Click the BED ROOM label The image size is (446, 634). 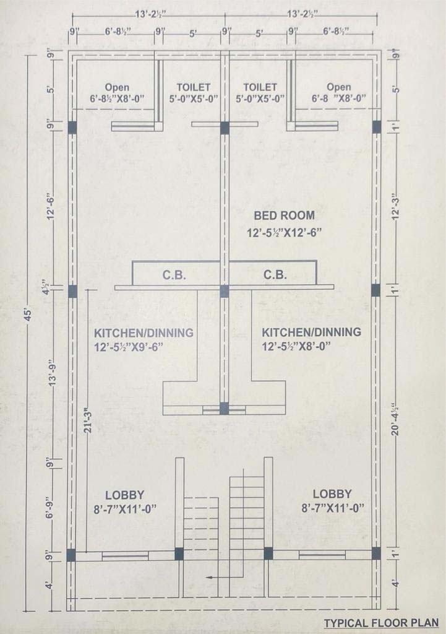284,215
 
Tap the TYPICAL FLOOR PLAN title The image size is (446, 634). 382,623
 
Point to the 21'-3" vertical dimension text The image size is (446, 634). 88,421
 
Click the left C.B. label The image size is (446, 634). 174,275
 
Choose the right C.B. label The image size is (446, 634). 275,274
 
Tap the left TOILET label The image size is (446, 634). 194,87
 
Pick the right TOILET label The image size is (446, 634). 260,87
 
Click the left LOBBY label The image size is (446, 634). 125,495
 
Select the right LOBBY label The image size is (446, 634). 332,493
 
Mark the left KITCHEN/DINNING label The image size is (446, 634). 144,332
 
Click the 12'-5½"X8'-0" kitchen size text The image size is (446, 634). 296,346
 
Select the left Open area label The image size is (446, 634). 117,87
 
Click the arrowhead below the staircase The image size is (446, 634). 209,578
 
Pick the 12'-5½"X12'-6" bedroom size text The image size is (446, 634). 284,233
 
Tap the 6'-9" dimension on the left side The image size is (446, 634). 50,508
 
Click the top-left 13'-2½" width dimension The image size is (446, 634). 151,15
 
